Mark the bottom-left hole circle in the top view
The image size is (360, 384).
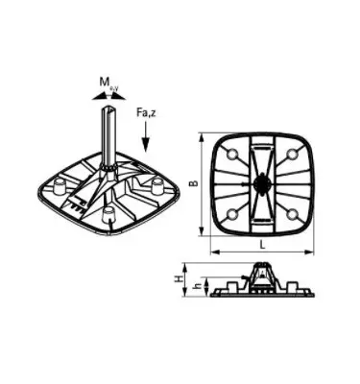(231, 212)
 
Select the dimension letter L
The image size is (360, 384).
(261, 245)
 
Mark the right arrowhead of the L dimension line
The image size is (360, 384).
(314, 252)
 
